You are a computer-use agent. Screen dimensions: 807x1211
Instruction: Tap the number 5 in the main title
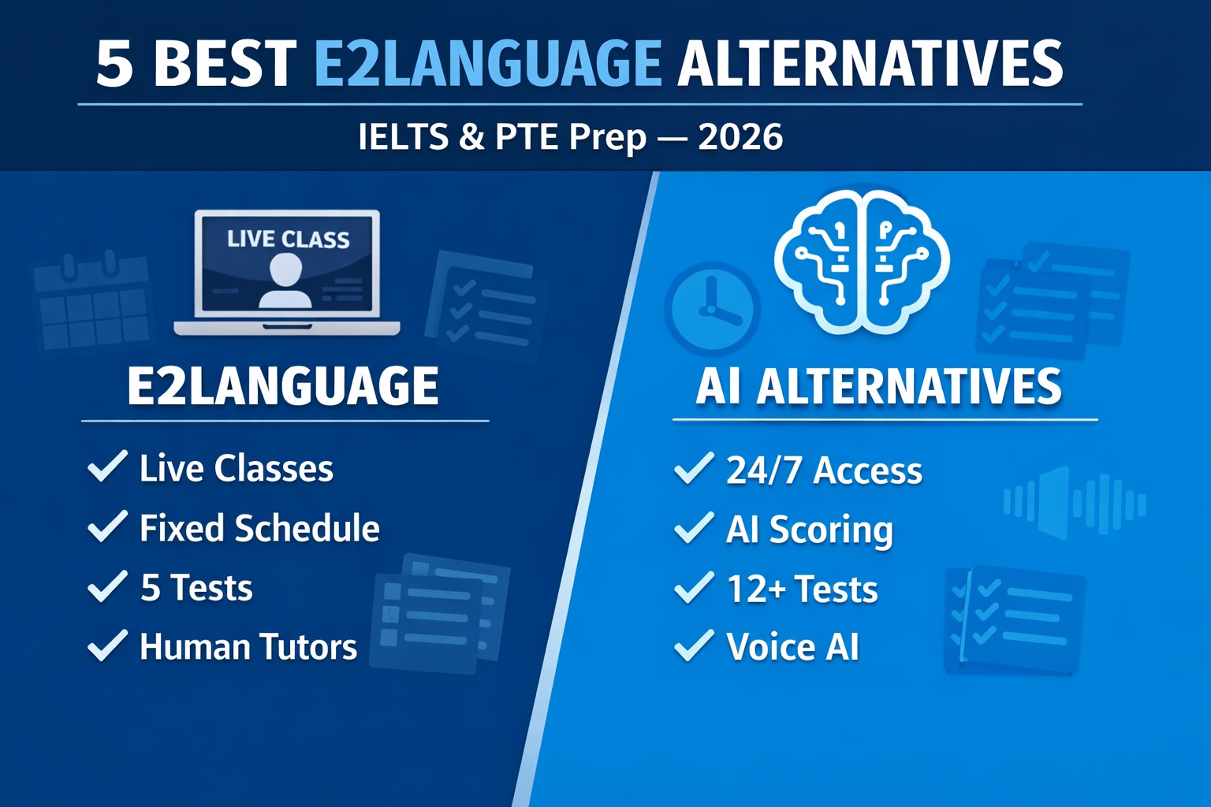(x=114, y=65)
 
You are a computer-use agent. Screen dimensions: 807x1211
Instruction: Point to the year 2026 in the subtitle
(x=740, y=137)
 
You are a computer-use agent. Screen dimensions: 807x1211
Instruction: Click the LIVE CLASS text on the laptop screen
(x=288, y=239)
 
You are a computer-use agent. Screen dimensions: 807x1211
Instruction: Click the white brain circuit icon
(x=862, y=261)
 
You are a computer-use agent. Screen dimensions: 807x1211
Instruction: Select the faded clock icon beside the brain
(x=712, y=308)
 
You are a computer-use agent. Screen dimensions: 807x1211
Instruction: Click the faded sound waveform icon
(x=1074, y=503)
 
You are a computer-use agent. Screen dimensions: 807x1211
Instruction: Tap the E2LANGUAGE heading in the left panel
(x=283, y=386)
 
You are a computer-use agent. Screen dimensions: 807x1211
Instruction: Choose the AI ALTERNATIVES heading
(x=878, y=386)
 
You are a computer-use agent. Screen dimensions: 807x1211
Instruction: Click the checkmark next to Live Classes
(x=107, y=467)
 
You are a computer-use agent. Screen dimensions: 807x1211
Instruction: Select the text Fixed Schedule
(x=259, y=528)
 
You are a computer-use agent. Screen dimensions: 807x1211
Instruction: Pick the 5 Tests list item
(x=196, y=588)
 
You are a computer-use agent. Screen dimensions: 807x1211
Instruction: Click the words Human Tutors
(x=248, y=647)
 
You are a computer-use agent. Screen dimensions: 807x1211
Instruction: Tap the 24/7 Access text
(x=824, y=470)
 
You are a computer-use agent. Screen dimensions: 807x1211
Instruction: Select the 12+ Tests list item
(x=802, y=589)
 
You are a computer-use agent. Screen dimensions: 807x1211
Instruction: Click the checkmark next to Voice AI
(x=694, y=646)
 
